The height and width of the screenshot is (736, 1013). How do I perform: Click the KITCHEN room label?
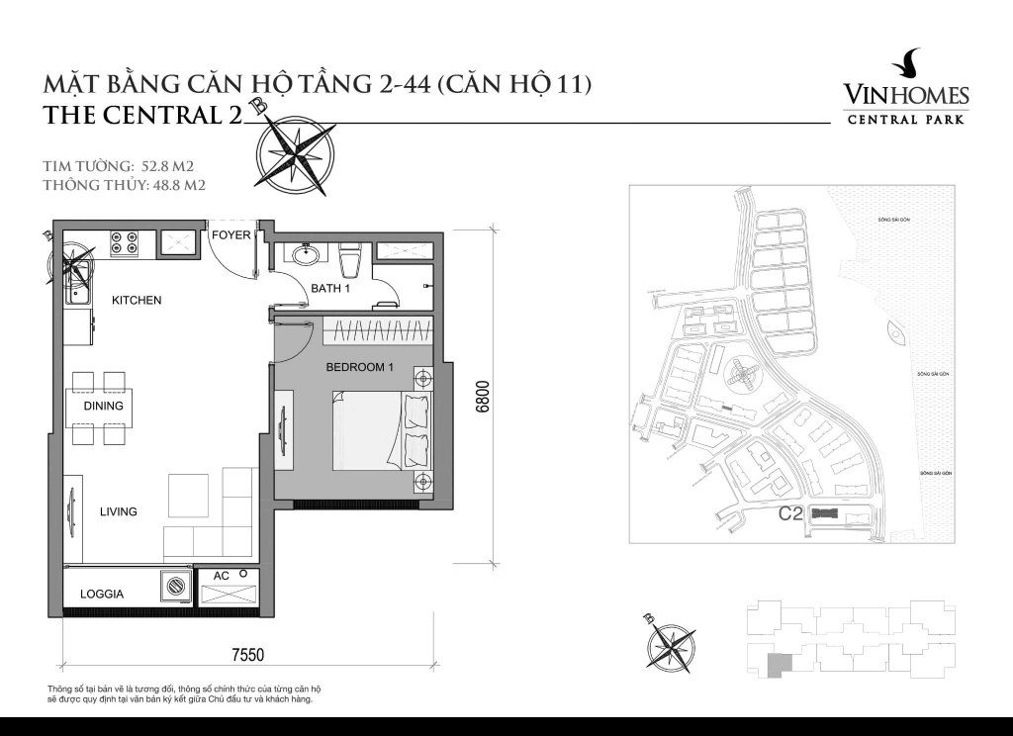pos(136,300)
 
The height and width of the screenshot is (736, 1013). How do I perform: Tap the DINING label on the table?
pos(103,406)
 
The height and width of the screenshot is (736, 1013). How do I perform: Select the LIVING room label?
pos(118,511)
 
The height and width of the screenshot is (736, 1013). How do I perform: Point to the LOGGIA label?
pos(102,595)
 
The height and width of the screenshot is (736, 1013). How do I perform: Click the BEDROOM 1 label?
pos(360,367)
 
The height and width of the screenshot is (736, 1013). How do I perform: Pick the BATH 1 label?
pos(330,289)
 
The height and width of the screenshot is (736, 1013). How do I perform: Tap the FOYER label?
pos(231,234)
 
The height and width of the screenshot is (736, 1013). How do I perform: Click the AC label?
pos(222,576)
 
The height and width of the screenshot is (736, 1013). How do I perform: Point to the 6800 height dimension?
pos(483,396)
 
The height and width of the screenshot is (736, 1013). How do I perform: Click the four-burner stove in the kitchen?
pos(125,242)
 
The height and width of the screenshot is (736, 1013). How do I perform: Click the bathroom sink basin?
pos(305,255)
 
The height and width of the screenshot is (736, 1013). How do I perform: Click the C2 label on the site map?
pos(789,513)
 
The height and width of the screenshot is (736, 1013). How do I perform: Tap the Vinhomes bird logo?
pos(906,64)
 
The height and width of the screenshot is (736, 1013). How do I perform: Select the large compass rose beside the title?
pos(295,153)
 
